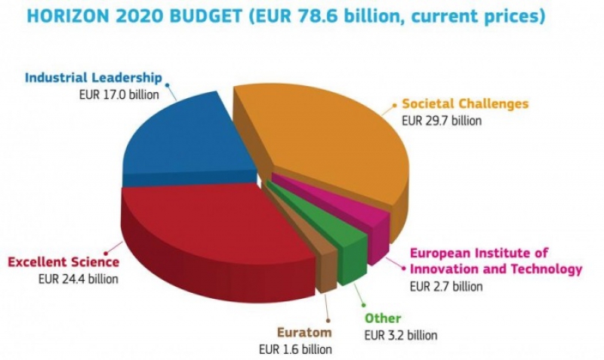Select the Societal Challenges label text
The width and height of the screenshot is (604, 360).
(x=464, y=104)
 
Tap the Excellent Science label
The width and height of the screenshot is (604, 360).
(x=63, y=262)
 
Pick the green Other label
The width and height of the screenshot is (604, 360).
(x=383, y=318)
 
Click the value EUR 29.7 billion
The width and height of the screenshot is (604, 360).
(x=441, y=120)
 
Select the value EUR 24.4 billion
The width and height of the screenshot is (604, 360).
(x=79, y=278)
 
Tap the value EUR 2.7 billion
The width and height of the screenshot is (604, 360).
(x=445, y=286)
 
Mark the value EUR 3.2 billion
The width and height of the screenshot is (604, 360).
(x=400, y=335)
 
